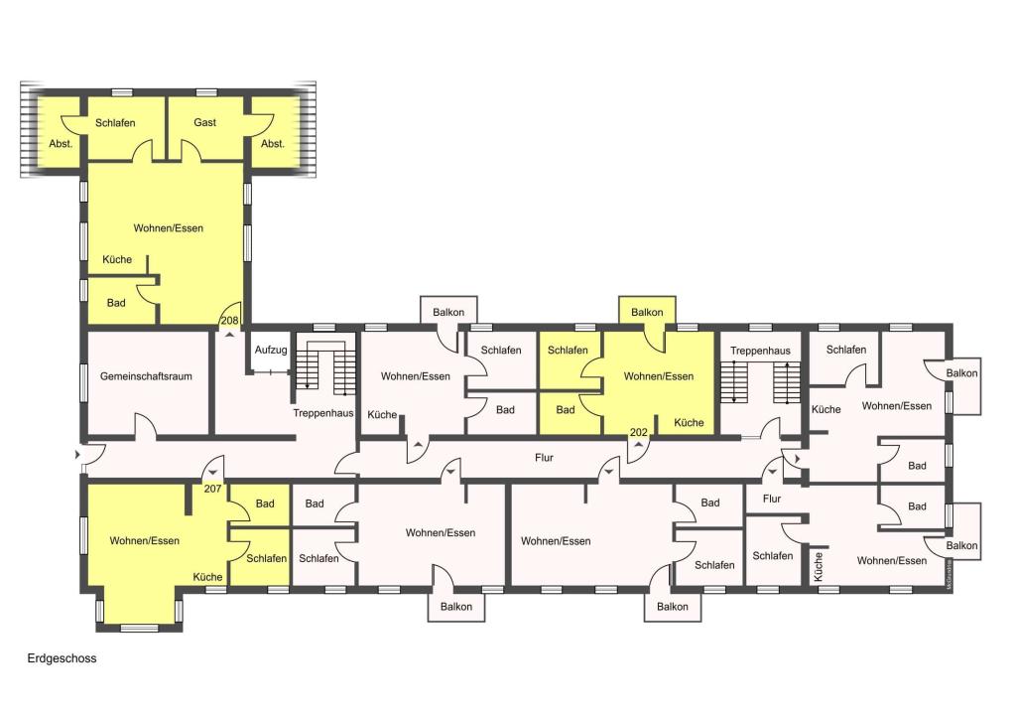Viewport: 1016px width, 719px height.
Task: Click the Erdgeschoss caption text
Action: (62, 658)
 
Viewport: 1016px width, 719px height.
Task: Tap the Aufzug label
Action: (270, 351)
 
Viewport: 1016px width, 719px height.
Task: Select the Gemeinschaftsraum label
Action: (146, 376)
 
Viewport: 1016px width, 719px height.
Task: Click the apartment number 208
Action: (229, 321)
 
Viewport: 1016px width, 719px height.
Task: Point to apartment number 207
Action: (212, 489)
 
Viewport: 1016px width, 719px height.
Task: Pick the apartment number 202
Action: (638, 432)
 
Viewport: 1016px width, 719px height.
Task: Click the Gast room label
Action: (204, 122)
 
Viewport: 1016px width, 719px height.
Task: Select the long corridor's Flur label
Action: (545, 458)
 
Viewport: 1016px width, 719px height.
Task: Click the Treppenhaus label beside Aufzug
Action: (323, 414)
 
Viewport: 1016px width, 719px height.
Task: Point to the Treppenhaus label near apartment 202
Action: (760, 351)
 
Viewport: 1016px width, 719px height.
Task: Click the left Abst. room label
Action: (61, 144)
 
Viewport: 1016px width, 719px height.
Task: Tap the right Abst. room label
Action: (273, 144)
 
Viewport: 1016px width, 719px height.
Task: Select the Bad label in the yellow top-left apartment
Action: (116, 303)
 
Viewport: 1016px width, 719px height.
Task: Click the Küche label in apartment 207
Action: (208, 577)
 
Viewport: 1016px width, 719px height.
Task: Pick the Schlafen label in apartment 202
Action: (568, 351)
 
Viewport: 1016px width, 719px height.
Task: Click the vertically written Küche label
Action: (819, 566)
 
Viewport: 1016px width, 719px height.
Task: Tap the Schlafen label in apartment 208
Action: (115, 122)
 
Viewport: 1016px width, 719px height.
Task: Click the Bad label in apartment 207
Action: (265, 503)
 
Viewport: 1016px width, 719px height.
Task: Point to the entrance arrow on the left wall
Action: (77, 455)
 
